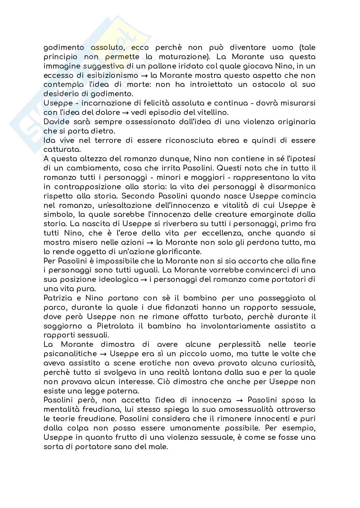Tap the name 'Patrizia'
(x=59, y=298)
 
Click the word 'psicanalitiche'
(x=70, y=354)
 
